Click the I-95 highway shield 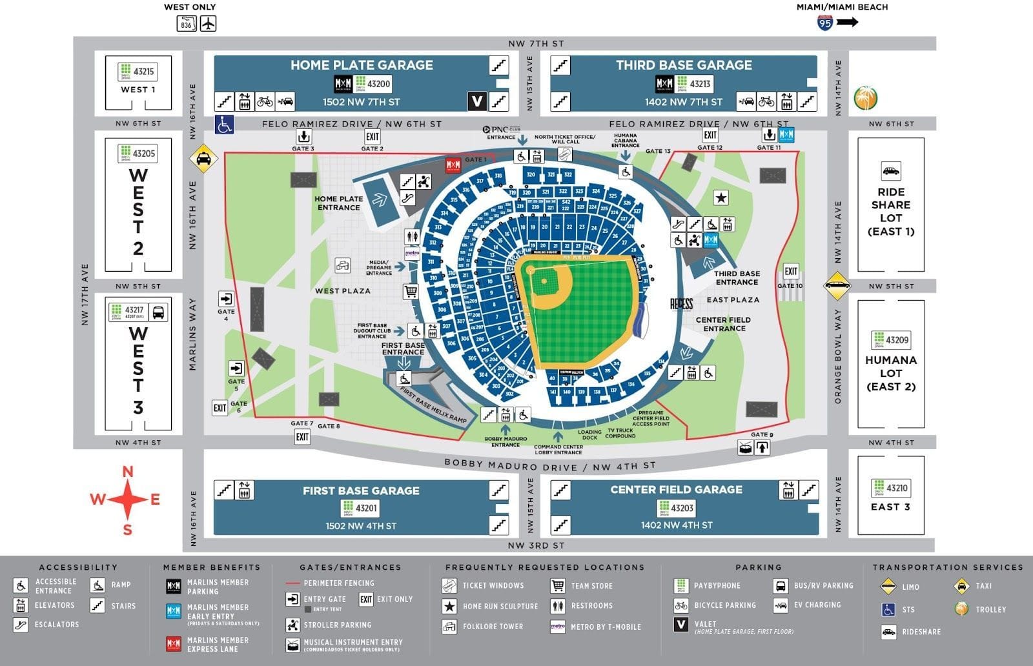[x=824, y=23]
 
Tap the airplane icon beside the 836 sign [x=208, y=24]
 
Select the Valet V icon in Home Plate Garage [x=476, y=101]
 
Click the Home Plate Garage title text [x=362, y=65]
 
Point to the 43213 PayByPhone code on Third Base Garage [x=700, y=83]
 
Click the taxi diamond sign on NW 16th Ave [x=203, y=159]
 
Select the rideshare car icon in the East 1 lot [x=890, y=172]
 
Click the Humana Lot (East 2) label [x=891, y=373]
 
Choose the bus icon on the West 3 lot [x=158, y=313]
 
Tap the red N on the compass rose [x=128, y=472]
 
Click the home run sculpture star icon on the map [x=721, y=197]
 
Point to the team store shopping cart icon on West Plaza [x=411, y=292]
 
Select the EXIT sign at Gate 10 [x=791, y=271]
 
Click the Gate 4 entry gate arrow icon [x=226, y=299]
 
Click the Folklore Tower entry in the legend [x=493, y=626]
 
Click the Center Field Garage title [x=676, y=490]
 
